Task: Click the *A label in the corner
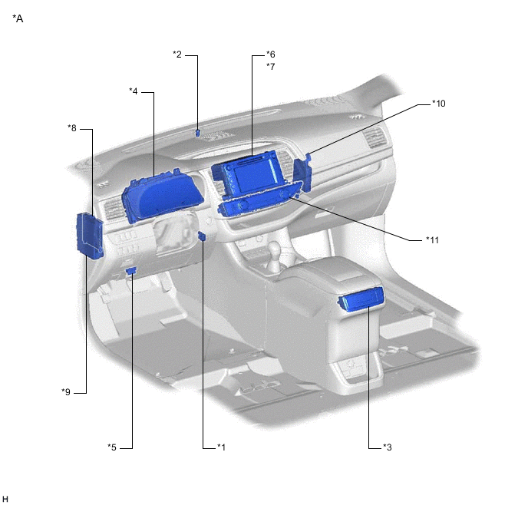coord(18,18)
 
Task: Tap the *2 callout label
coord(177,54)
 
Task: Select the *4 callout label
coord(134,91)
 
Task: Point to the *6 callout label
coord(271,54)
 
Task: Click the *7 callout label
coord(271,66)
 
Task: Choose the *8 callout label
coord(72,128)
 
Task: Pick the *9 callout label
coord(66,392)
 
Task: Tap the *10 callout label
coord(439,104)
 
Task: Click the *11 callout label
coord(432,240)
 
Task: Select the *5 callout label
coord(112,447)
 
